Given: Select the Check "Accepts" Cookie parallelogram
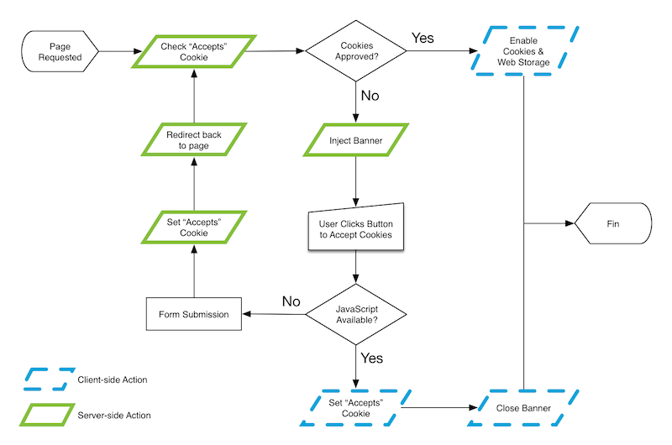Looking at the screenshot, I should (194, 52).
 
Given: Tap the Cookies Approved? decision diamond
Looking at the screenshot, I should (356, 52).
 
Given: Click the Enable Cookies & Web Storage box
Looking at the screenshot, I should (529, 52).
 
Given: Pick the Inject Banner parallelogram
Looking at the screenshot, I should (356, 140).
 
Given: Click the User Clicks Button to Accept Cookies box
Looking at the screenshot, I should (356, 229).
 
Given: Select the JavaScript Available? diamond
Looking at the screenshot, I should (356, 316).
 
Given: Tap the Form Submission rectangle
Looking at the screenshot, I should (194, 315).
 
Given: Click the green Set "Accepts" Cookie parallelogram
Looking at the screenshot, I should (194, 228).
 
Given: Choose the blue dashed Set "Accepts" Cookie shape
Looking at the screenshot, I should (356, 408).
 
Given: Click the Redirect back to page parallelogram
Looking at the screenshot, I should (194, 140).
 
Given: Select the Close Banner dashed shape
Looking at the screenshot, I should (525, 408).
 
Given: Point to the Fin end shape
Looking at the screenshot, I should (612, 224).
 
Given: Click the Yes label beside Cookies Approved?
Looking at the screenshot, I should (423, 38).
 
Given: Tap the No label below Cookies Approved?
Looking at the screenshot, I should (370, 96).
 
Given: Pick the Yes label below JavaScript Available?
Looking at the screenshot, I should (371, 359).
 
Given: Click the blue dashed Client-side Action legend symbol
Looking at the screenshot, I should (46, 380).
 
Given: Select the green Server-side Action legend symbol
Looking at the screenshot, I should (46, 415).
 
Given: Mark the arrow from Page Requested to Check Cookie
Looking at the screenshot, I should (116, 52).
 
